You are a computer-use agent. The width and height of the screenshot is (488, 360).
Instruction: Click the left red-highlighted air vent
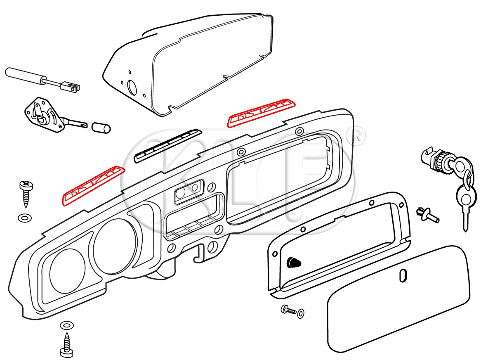[93, 186]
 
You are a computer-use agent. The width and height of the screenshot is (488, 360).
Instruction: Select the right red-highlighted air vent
[262, 112]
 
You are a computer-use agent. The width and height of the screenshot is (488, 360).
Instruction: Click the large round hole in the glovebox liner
[132, 87]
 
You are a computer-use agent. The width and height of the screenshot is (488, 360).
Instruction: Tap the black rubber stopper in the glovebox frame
[293, 262]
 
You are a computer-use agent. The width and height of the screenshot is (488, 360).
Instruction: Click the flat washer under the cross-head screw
[25, 217]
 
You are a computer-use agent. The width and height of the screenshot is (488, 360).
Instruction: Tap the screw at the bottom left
[66, 345]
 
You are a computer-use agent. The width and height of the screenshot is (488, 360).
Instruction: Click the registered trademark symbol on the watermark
[358, 136]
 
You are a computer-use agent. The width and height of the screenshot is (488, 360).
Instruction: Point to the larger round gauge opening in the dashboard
[115, 247]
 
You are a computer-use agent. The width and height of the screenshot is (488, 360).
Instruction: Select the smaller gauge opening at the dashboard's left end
[68, 271]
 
